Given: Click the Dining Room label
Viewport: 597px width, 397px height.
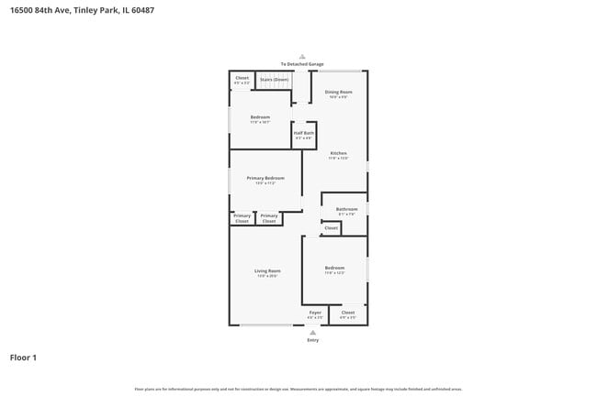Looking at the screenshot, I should point(339,93).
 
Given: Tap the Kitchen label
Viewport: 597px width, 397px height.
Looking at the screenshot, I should point(338,153).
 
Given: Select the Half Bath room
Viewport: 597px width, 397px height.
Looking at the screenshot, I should point(304,135).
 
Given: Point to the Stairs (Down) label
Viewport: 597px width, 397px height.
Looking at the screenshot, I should point(274,80).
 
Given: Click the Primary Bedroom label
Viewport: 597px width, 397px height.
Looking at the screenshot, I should point(265,178).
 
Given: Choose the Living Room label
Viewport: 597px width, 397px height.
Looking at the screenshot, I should point(267,271).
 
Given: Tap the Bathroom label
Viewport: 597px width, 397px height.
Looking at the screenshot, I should point(346,209).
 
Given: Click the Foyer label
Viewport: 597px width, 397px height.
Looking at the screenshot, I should point(315,313).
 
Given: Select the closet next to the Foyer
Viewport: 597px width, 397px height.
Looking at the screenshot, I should point(347,314).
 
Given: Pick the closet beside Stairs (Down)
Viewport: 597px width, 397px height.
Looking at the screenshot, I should point(242,79).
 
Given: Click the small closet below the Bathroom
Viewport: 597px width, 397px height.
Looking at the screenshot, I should point(331,227).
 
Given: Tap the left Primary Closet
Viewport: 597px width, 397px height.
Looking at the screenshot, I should point(242,218).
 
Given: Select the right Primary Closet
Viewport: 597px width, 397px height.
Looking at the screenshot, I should point(269,218).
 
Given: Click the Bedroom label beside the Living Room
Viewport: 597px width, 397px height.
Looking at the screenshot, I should point(334,269).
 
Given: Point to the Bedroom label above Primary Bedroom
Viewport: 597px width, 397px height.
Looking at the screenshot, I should point(261,118).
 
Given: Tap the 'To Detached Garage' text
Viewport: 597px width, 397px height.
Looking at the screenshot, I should point(302,64).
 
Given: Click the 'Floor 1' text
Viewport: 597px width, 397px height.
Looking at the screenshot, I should point(23,357).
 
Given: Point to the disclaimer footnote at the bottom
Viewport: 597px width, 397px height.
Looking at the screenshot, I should point(298,389).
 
